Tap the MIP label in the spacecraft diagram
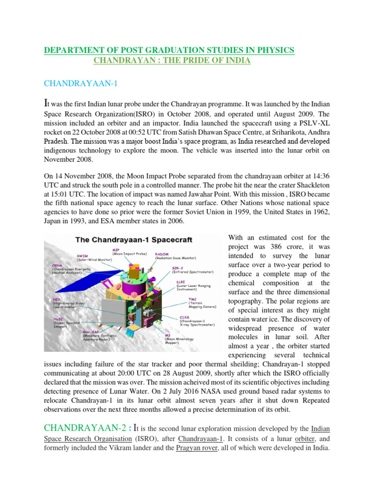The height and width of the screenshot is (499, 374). point(116,249)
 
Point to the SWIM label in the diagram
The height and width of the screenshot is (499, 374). point(82,255)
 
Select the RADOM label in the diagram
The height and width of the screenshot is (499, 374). point(163,254)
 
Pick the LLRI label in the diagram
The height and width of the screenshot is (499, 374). point(181,281)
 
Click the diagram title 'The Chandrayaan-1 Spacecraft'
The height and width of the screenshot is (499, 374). point(134,240)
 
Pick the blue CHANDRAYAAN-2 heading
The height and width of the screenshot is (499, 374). point(76,428)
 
